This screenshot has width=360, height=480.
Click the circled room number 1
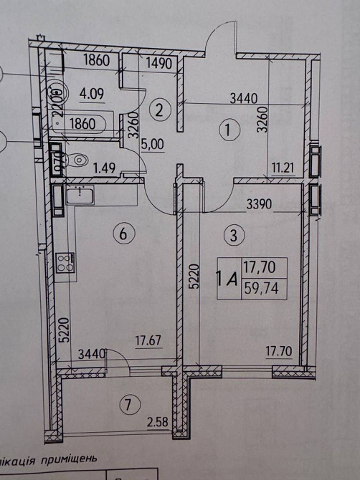[x=228, y=130]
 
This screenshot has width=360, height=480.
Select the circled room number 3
[x=231, y=233]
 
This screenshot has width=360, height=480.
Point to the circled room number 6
[x=123, y=233]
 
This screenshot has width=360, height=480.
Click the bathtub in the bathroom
[x=80, y=125]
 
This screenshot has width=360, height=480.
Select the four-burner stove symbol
[x=65, y=263]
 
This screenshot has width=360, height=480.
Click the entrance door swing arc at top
[x=217, y=44]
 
